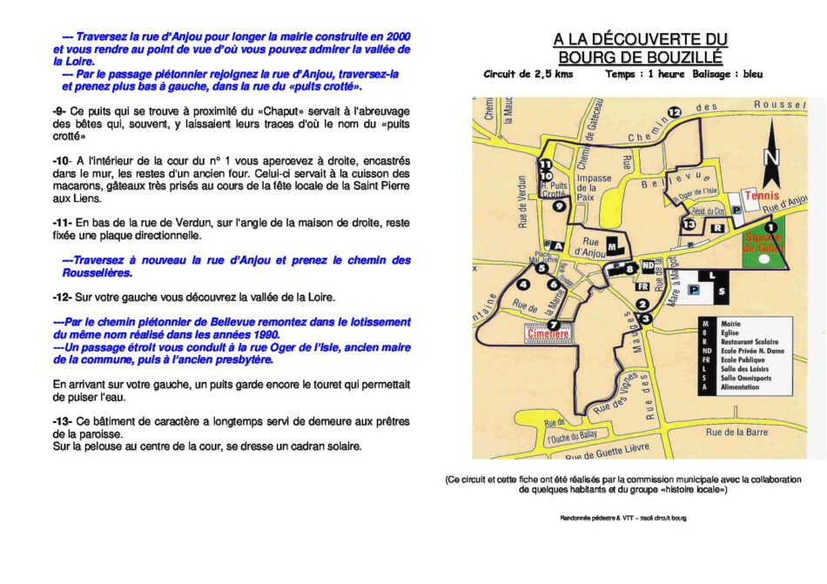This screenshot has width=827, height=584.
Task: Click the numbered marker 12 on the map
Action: [x=674, y=112]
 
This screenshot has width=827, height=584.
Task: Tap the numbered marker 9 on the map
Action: [x=559, y=206]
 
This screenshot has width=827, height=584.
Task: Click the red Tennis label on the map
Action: [x=762, y=196]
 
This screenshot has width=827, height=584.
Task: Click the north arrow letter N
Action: [x=771, y=158]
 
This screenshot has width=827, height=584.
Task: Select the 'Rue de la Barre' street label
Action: [x=736, y=432]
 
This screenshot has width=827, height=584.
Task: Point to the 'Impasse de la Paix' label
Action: [x=594, y=188]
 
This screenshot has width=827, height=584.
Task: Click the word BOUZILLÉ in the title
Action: [x=640, y=57]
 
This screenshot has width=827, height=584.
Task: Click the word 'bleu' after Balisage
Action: [x=752, y=75]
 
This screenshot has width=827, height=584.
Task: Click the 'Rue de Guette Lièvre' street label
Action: [x=607, y=451]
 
